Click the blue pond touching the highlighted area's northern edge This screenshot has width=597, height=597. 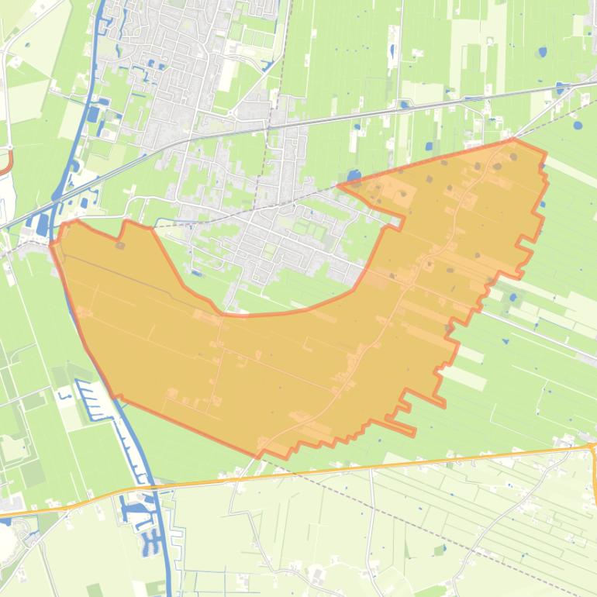(x=354, y=176)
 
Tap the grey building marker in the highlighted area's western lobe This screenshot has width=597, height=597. (x=120, y=246)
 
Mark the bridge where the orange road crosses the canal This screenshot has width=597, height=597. (x=152, y=488)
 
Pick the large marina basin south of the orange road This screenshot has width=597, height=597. (x=135, y=512)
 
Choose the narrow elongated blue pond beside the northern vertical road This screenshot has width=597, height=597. (x=392, y=52)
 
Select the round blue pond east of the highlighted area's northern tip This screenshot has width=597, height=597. (x=577, y=124)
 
